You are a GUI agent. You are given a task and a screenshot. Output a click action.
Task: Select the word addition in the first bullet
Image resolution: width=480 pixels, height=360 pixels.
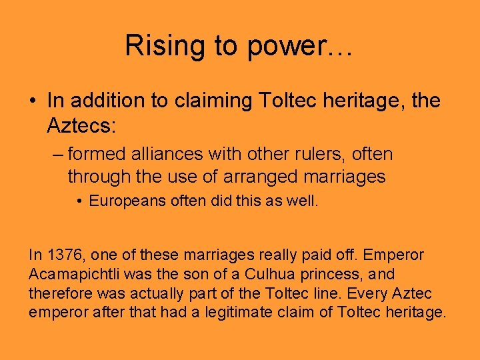click(103, 101)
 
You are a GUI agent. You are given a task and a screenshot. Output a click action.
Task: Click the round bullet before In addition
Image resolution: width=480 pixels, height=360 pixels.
click(33, 101)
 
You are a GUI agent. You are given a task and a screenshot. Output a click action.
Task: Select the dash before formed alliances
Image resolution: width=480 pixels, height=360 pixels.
click(57, 155)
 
